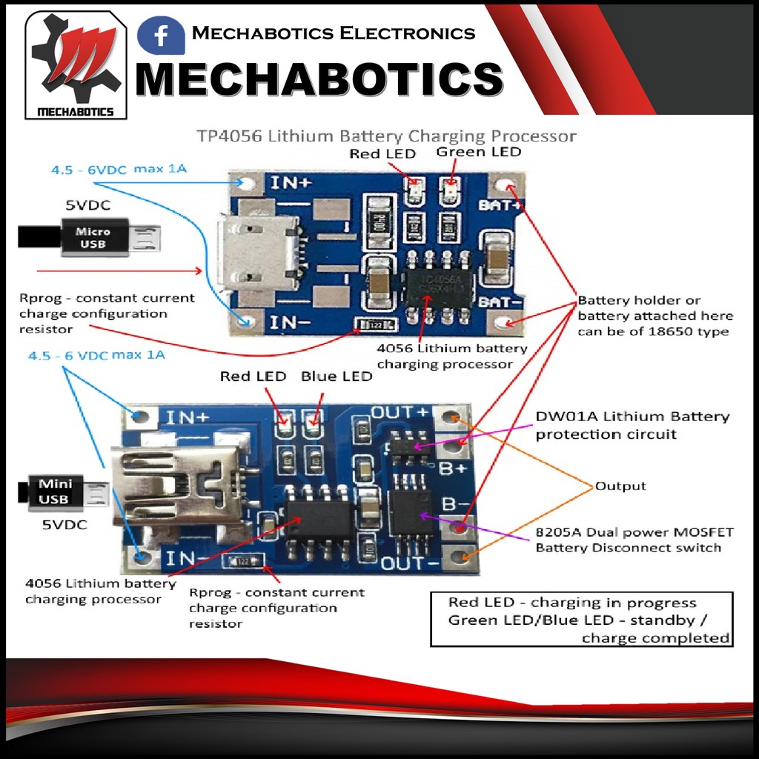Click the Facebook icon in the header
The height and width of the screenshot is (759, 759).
click(161, 36)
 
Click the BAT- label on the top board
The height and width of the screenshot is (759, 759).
click(501, 302)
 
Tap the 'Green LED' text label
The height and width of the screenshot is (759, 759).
click(478, 152)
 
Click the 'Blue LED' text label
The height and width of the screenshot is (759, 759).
click(336, 377)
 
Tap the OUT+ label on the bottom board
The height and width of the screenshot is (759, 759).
click(400, 412)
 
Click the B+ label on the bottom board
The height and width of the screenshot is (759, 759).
click(453, 468)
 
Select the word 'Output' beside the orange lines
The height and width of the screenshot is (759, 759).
click(620, 486)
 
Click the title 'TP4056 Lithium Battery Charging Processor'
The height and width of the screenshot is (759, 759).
click(385, 136)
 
